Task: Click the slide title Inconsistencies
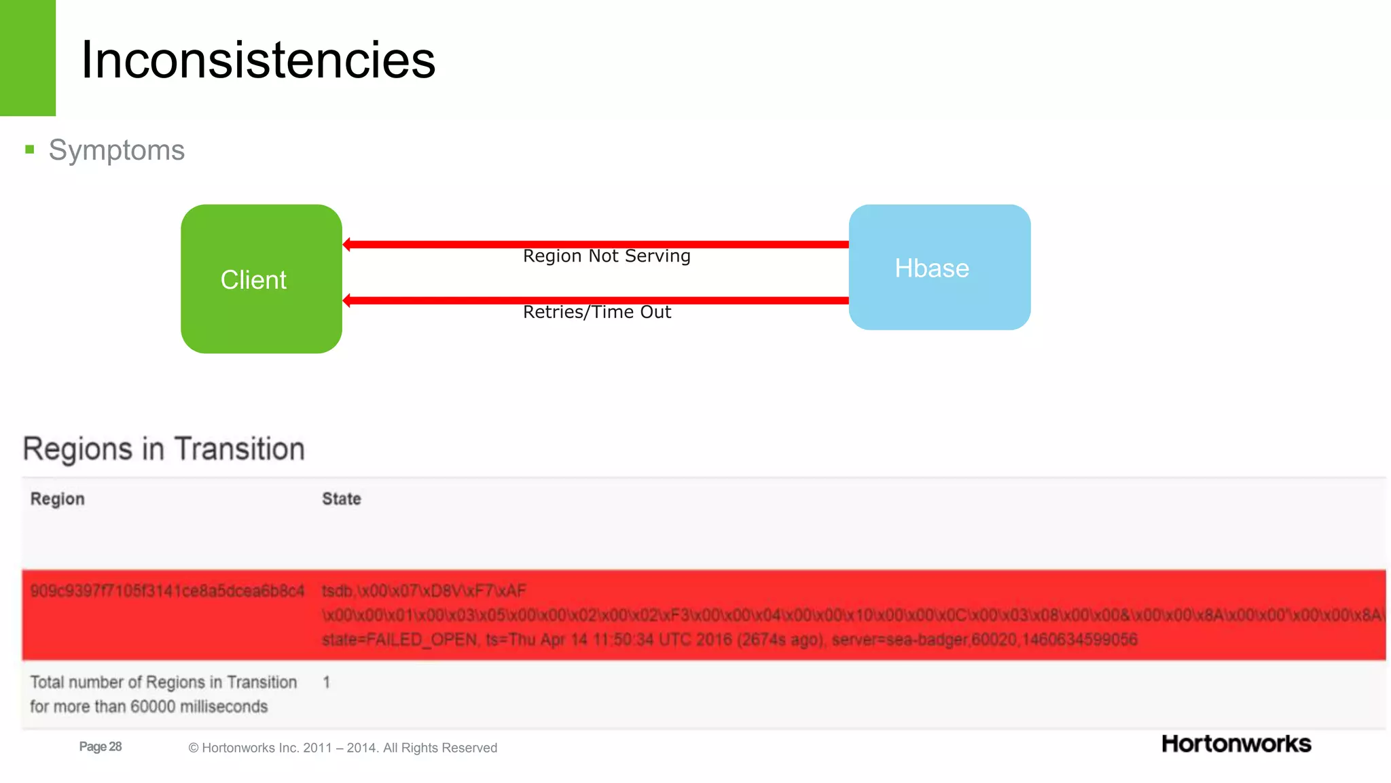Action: point(258,60)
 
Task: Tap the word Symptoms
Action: point(117,150)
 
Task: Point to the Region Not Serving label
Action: point(607,256)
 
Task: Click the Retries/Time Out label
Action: point(596,312)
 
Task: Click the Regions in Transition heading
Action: point(164,449)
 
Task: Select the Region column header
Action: point(58,499)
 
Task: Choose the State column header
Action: point(341,499)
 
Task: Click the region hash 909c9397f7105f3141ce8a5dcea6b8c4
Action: point(167,591)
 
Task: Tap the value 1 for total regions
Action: point(327,682)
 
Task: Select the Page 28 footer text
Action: point(101,746)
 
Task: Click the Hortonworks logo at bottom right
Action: point(1236,744)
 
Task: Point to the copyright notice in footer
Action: point(342,748)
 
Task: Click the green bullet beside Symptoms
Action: point(29,150)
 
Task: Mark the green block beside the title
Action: point(27,58)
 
